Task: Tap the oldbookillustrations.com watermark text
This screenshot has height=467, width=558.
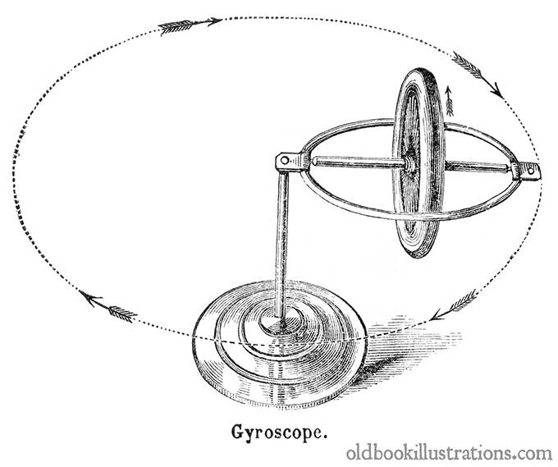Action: click(x=450, y=454)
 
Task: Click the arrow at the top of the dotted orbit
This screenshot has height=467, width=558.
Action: click(x=190, y=25)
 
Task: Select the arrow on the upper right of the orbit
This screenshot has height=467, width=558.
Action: click(x=478, y=75)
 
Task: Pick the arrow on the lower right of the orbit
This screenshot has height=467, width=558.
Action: click(x=454, y=304)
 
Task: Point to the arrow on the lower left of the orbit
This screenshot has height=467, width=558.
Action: click(x=107, y=306)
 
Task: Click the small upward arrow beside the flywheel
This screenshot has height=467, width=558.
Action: click(x=449, y=101)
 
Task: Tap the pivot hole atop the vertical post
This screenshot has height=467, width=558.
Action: click(x=285, y=160)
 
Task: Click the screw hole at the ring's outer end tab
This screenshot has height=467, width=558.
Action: click(x=531, y=171)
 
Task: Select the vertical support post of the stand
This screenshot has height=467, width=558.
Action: click(x=281, y=245)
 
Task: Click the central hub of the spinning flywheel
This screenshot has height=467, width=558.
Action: click(x=410, y=164)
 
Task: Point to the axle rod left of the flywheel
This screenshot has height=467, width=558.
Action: click(x=359, y=163)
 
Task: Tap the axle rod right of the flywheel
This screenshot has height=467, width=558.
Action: click(x=477, y=167)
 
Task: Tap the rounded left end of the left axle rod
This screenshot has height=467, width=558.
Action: click(x=313, y=161)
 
